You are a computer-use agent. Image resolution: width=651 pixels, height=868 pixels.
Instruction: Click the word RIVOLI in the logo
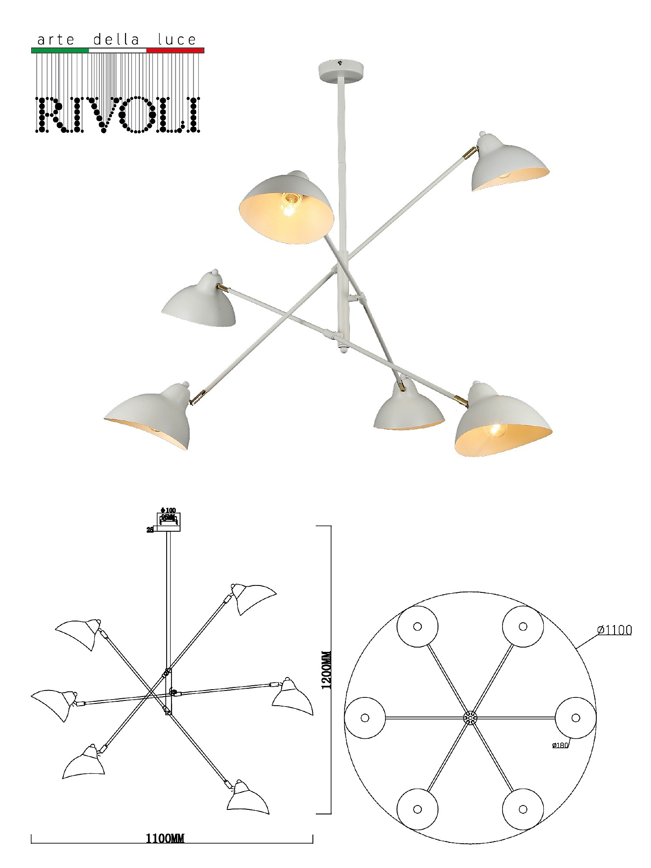coord(118,115)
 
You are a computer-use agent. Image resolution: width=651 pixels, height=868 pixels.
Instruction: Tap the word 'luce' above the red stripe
coord(177,40)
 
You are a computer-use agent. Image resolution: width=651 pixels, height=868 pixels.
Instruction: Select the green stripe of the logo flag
coord(60,50)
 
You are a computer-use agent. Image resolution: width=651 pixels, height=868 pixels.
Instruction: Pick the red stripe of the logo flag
coord(175,50)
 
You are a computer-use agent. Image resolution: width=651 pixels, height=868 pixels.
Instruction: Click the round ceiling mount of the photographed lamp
coord(341,69)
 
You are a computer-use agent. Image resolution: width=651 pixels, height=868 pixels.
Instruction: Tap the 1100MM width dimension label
coord(165,838)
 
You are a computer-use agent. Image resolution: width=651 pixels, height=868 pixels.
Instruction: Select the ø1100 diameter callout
coord(615,630)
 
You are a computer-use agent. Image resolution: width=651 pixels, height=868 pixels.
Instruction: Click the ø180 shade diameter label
coord(560,745)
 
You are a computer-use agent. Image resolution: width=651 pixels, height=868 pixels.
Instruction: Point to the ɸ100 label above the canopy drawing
coord(168,510)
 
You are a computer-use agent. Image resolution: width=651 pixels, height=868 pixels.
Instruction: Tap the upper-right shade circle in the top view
coord(523,626)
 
